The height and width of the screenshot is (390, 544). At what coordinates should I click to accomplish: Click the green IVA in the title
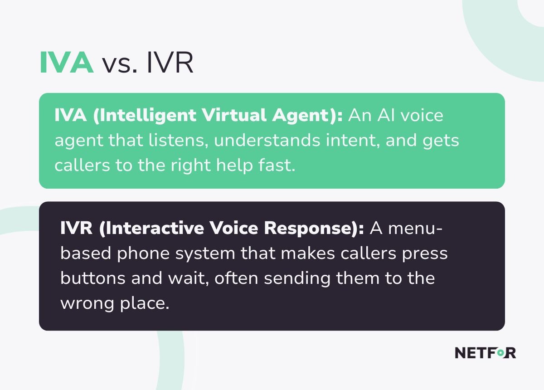[67, 63]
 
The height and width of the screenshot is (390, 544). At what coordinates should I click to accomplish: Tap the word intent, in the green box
[353, 141]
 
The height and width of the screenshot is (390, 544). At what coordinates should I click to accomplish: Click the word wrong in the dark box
[87, 303]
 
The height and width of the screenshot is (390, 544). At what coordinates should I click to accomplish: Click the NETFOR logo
[485, 353]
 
